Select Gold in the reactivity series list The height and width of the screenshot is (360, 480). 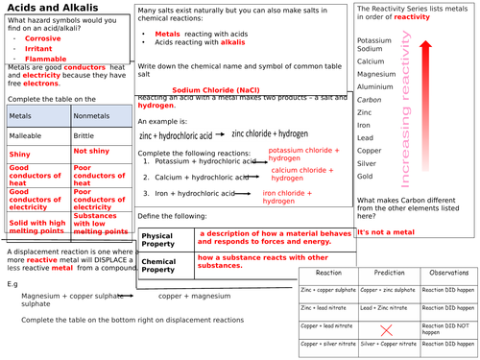(x=364, y=177)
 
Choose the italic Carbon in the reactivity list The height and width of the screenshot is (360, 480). (x=369, y=99)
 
